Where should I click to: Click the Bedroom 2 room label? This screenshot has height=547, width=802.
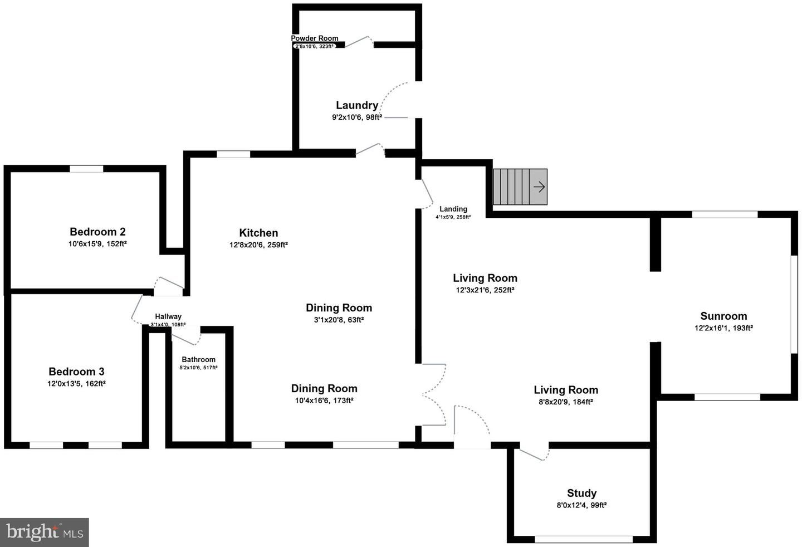coord(97,232)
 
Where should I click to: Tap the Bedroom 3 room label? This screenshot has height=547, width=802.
coord(76,372)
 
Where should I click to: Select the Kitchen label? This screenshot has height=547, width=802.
coord(258,233)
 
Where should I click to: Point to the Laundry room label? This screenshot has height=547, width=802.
coord(357,105)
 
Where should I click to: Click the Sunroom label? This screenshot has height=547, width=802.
coord(723,316)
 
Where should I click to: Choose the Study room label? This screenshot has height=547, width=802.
coord(581,493)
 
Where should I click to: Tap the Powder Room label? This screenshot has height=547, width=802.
coord(315,38)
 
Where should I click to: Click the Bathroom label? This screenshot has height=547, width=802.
coord(198,360)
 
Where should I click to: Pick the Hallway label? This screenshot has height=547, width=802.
coord(168,316)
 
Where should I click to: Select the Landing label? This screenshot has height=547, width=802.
coord(453,209)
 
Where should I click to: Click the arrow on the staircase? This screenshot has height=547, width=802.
coord(539,187)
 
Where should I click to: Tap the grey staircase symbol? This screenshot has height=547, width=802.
coord(515,187)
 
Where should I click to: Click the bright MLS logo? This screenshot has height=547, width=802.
coord(45,532)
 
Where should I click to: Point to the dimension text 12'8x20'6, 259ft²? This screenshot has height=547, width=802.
coord(258,245)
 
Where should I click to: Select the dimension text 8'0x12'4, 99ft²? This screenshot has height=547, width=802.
coord(581,505)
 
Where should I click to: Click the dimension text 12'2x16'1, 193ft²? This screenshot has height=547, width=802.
coord(723,328)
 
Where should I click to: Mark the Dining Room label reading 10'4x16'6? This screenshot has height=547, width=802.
coord(324,389)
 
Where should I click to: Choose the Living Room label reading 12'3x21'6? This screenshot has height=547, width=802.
coord(485,278)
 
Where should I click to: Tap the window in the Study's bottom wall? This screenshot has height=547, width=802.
coord(584,539)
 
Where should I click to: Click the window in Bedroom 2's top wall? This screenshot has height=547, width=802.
coord(86,169)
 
